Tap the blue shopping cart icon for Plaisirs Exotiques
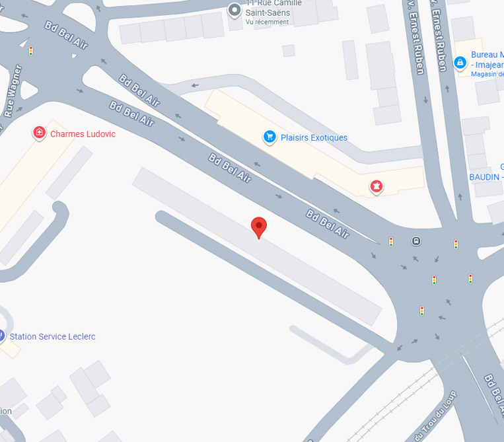[x=269, y=137]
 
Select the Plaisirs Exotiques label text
[x=314, y=137]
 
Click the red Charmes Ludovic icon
[x=40, y=133]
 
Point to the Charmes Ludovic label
[x=83, y=134]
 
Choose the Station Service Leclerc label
[x=52, y=337]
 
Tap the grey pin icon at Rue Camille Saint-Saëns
[x=234, y=9]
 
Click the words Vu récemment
[x=267, y=22]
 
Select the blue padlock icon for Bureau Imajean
[x=460, y=63]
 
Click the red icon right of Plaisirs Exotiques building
[x=377, y=186]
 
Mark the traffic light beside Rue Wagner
[x=30, y=50]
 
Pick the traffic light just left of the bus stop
[x=391, y=242]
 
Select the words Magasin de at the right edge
[x=487, y=74]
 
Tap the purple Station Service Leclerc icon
[x=1, y=336]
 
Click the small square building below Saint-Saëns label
[x=289, y=50]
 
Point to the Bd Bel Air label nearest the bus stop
[x=328, y=223]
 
